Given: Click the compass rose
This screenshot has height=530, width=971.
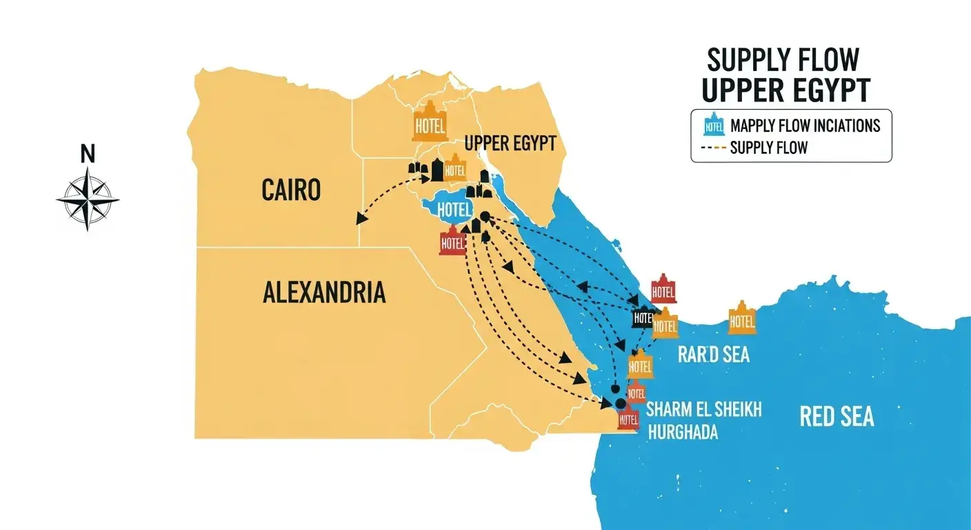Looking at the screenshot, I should point(88,199).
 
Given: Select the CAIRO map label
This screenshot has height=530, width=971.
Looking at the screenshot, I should point(291,190).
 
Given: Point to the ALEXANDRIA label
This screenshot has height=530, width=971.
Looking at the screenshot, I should point(324,293).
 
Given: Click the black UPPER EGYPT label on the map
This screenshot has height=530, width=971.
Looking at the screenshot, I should point(510,144).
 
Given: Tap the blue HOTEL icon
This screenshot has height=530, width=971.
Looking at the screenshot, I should point(454,209).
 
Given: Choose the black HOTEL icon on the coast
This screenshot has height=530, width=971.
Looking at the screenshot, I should point(642,317).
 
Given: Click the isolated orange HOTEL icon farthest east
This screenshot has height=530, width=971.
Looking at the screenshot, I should point(742,318).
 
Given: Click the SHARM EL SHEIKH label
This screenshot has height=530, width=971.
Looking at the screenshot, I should point(703,410).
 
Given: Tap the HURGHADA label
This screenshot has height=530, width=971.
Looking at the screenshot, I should point(683,433).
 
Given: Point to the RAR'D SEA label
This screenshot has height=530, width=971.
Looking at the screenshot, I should point(713,355).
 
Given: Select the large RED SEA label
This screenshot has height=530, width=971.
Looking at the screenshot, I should point(837,416).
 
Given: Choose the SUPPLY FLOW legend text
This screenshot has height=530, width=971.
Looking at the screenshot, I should point(768,147).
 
